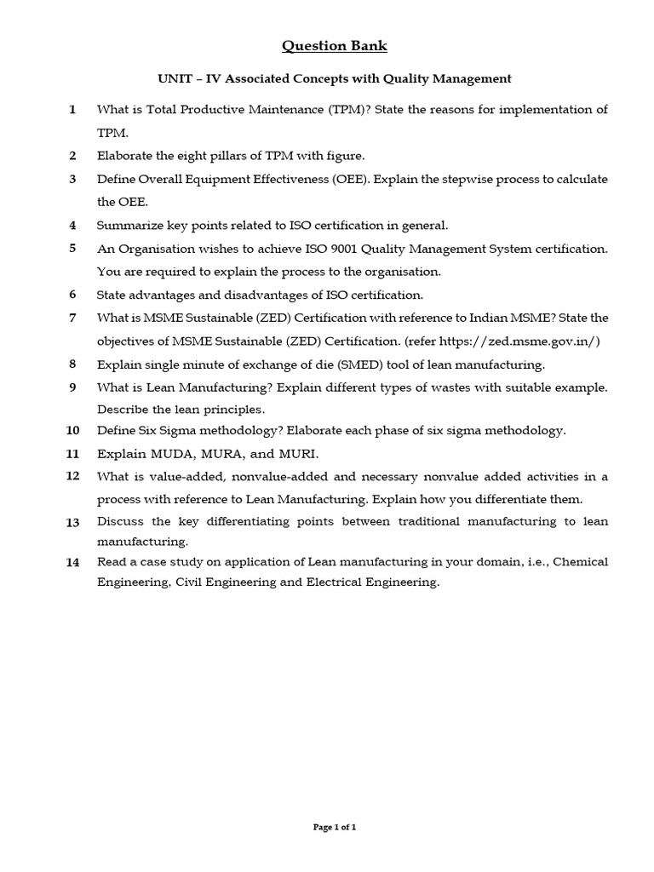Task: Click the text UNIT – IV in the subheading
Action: click(190, 79)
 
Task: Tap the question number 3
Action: click(72, 179)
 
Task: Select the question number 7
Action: click(72, 318)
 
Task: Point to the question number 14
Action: click(72, 562)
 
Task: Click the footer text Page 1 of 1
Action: click(334, 827)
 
